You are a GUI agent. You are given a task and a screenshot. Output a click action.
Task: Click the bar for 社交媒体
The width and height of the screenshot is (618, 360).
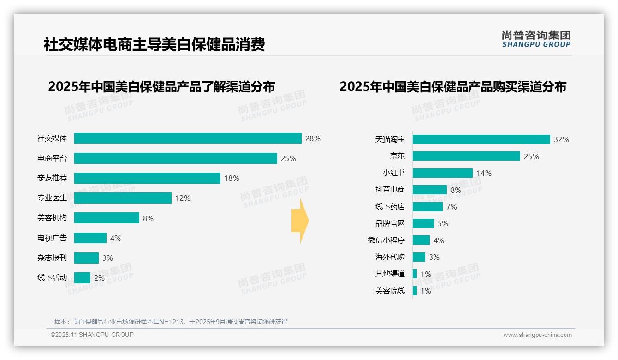click(188, 138)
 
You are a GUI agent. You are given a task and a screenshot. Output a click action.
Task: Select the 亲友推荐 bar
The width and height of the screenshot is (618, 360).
click(147, 178)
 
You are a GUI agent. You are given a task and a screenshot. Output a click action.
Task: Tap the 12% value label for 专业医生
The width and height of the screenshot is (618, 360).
click(183, 198)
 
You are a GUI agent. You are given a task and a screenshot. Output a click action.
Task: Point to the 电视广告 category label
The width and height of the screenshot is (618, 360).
click(52, 238)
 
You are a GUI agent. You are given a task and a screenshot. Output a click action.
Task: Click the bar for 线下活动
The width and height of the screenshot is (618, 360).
click(82, 278)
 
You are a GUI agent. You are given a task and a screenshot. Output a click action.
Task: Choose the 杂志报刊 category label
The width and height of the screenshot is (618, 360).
click(52, 258)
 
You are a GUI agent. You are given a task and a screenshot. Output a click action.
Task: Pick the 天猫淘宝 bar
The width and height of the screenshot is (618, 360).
click(481, 139)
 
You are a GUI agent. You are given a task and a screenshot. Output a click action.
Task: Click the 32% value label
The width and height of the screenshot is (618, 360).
click(561, 139)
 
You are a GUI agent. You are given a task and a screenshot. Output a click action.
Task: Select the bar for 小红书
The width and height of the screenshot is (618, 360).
click(443, 173)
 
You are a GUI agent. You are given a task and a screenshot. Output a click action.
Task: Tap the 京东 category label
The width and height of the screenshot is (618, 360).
click(397, 156)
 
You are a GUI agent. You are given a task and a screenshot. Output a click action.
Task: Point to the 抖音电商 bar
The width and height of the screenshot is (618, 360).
click(430, 190)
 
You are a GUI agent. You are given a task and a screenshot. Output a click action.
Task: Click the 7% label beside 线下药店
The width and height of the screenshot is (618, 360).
click(452, 207)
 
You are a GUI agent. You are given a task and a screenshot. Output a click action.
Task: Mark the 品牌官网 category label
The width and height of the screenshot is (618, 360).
click(390, 223)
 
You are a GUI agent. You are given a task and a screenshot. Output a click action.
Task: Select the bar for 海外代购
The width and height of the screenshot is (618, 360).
click(419, 257)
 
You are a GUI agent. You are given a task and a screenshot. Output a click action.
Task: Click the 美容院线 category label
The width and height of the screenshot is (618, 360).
click(390, 291)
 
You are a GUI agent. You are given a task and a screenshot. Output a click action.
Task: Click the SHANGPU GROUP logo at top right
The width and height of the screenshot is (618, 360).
click(536, 39)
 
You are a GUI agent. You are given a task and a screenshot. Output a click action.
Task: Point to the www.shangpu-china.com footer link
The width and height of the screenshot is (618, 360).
click(537, 335)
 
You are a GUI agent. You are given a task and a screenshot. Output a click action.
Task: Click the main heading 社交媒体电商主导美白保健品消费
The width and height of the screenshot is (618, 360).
click(154, 45)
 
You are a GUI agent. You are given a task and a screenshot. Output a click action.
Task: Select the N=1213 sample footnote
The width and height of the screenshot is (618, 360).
click(171, 322)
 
